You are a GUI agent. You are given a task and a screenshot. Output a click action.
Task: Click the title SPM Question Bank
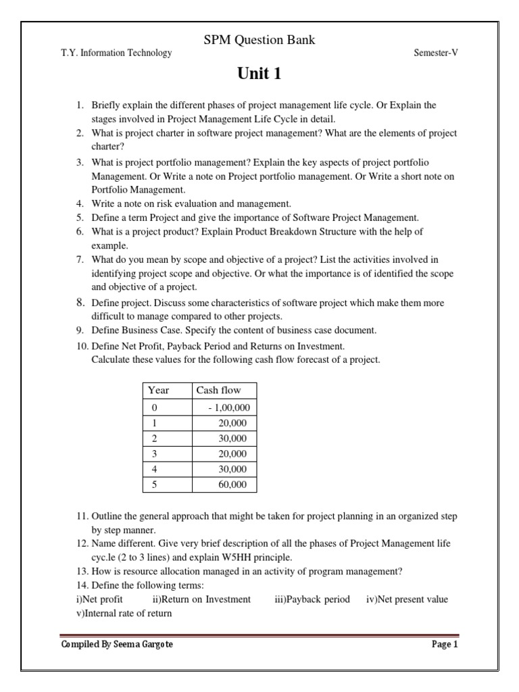[x=259, y=41]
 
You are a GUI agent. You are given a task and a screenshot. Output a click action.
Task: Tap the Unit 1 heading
[x=259, y=74]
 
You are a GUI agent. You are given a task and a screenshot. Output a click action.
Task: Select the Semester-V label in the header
[x=435, y=53]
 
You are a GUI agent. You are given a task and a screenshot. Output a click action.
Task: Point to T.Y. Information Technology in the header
[x=116, y=53]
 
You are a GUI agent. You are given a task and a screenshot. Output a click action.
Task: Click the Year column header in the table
[x=158, y=390]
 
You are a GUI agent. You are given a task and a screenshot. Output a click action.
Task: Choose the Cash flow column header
[x=218, y=390]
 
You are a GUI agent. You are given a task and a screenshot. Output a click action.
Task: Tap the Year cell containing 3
[x=155, y=454]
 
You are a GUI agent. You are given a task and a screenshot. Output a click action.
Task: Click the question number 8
[x=79, y=303]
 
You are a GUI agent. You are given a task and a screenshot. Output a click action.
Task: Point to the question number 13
[x=81, y=571]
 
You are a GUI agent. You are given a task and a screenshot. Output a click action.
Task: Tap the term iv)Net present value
[x=407, y=599]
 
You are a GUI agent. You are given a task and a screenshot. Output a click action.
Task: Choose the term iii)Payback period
[x=312, y=599]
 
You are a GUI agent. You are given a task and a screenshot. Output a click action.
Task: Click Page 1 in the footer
[x=445, y=645]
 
